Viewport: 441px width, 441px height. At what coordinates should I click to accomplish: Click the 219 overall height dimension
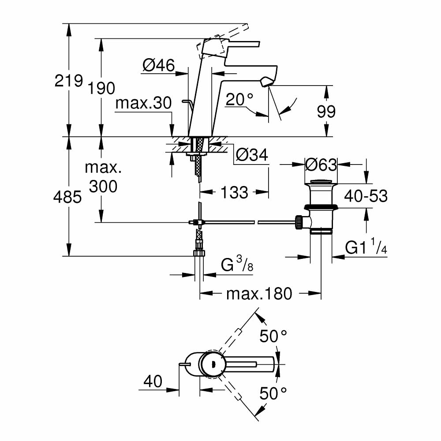[69, 81]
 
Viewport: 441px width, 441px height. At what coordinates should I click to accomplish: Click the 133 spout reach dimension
[234, 192]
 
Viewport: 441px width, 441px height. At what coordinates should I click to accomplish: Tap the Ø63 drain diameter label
[321, 164]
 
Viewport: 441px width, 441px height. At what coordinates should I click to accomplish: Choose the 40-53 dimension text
[366, 195]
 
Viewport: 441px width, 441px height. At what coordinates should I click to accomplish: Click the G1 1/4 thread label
[366, 249]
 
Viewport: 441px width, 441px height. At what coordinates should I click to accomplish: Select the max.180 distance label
[259, 293]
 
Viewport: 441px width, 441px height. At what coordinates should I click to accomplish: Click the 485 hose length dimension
[68, 197]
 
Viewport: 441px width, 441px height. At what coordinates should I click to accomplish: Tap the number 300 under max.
[103, 187]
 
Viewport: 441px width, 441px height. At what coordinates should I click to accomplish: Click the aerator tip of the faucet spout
[268, 82]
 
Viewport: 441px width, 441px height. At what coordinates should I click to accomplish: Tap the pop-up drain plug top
[321, 181]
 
